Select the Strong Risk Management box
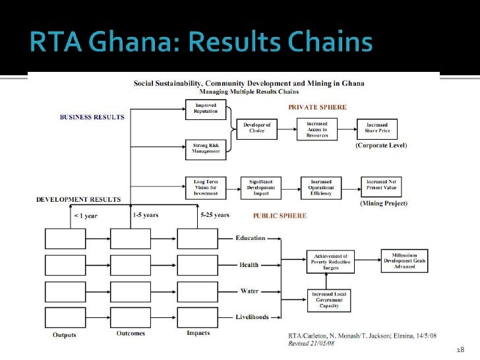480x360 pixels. (x=206, y=148)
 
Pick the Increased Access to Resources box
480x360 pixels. (x=317, y=129)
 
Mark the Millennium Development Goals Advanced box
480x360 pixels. (x=404, y=259)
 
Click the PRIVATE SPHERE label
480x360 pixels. (x=317, y=106)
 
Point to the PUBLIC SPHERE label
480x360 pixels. (x=280, y=216)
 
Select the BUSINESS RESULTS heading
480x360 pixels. (x=92, y=117)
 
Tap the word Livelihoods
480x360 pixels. (x=252, y=317)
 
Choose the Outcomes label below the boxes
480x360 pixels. (x=131, y=334)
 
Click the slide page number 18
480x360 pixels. (x=460, y=349)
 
